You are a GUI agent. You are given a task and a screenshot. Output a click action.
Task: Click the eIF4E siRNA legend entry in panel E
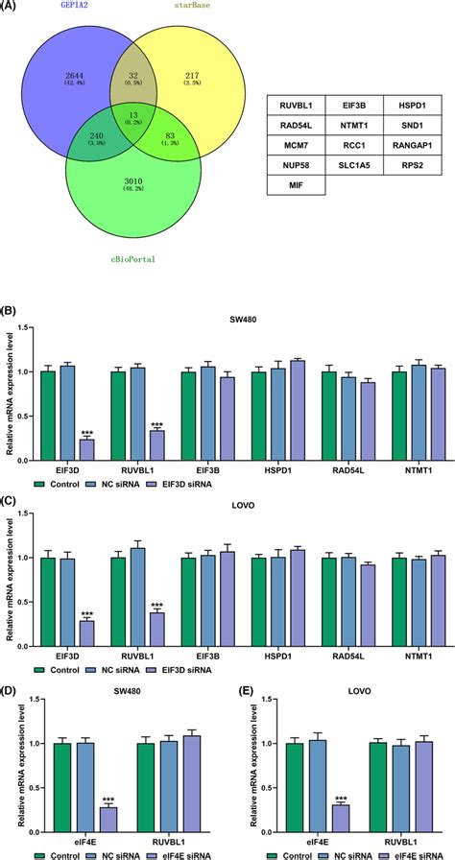pyautogui.click(x=409, y=851)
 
